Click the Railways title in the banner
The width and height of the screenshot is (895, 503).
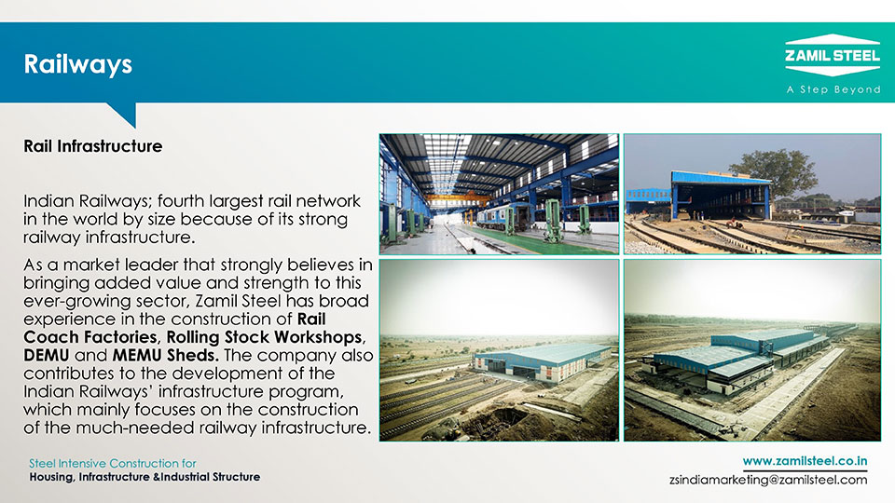tap(77, 64)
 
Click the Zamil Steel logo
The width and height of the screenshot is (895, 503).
tap(833, 55)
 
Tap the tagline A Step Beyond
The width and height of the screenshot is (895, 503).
tap(833, 89)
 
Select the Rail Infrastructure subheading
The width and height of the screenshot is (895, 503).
tap(92, 146)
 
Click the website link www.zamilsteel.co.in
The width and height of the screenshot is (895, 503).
tap(805, 461)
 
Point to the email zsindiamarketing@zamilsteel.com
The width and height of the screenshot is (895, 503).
tap(768, 480)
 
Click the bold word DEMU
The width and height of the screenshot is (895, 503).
tap(47, 355)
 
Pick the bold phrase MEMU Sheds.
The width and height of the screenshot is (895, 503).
tap(166, 355)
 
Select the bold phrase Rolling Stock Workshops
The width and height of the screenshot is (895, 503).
tap(264, 337)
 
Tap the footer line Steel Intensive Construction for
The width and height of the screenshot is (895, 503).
tap(113, 463)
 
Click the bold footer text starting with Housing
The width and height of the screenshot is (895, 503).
tap(145, 477)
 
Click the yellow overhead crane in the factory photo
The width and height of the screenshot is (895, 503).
tap(458, 199)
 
